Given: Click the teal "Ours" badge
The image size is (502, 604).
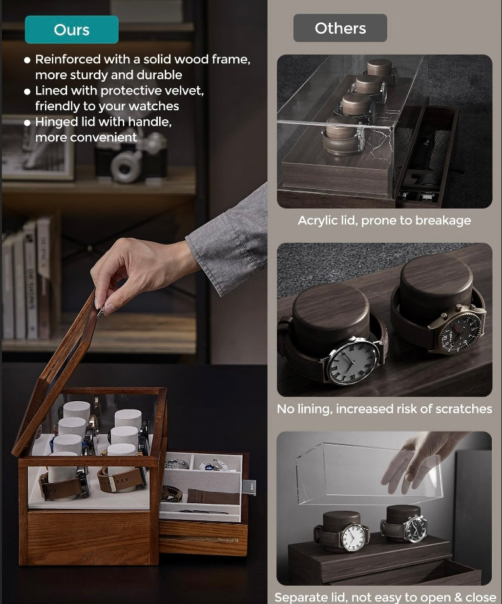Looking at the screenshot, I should pos(72,30).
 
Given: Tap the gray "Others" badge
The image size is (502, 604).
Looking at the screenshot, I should pos(340,29).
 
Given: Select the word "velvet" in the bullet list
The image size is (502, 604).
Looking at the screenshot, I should pos(183,91).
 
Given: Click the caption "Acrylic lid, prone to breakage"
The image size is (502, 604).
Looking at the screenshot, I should pos(384,221).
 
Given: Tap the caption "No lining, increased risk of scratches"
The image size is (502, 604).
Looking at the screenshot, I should pos(384,409).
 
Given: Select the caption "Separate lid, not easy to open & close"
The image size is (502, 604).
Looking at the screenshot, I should pos(385,597).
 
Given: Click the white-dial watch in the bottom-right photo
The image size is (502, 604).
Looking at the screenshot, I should pos(356,537).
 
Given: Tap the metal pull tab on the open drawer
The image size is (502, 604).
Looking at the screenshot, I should pos(249,487).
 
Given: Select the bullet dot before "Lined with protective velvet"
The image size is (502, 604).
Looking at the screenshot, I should pos(27,91).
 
